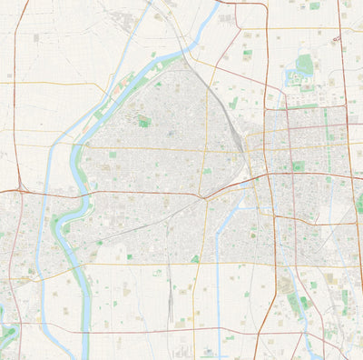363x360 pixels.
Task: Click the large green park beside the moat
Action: click(305, 64)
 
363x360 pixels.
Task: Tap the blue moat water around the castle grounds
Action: click(293, 77)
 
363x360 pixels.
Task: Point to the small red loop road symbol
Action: click(336, 39)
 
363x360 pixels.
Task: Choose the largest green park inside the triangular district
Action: click(144, 121)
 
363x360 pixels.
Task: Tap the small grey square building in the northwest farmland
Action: click(36, 38)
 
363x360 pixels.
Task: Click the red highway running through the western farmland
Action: click(17, 136)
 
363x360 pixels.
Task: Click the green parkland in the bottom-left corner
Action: click(7, 338)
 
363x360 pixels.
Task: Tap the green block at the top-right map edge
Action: click(315, 5)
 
